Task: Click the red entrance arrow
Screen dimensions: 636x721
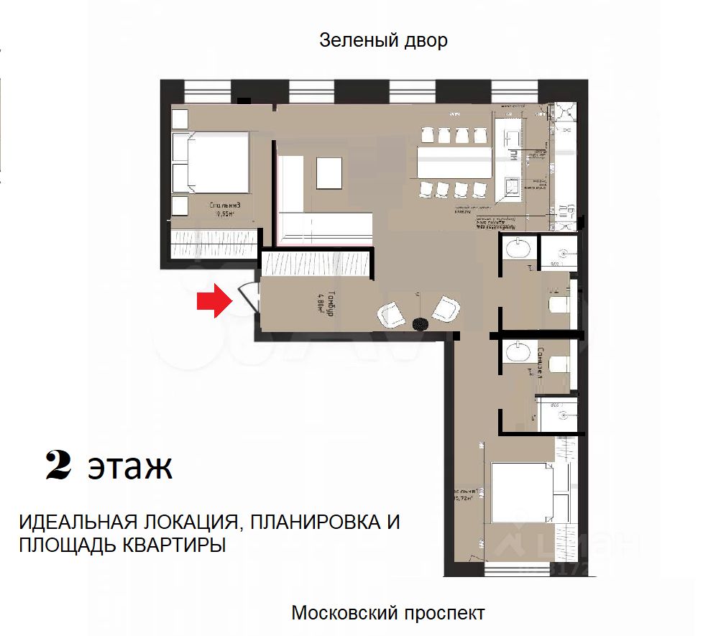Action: click(x=214, y=300)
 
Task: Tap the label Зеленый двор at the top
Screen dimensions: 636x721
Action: click(x=383, y=40)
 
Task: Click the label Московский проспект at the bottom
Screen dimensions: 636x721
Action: click(x=387, y=613)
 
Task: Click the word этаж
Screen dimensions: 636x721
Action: click(x=130, y=467)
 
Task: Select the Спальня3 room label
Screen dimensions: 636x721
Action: click(x=229, y=208)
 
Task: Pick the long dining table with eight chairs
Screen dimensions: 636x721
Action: click(x=454, y=163)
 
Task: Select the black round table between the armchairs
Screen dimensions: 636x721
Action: click(x=421, y=323)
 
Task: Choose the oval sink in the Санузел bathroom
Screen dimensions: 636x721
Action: click(x=517, y=353)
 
